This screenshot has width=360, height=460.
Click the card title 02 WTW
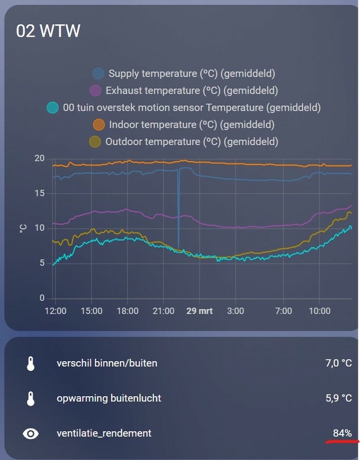click(x=48, y=31)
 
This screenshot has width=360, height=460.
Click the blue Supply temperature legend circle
click(x=99, y=73)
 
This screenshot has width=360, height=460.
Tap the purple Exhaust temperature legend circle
click(x=96, y=90)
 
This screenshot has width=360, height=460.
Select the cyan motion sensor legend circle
click(x=53, y=108)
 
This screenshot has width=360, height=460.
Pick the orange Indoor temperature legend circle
click(x=99, y=124)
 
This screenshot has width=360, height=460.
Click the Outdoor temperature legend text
click(x=192, y=141)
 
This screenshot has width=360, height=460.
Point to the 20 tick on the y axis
click(x=40, y=159)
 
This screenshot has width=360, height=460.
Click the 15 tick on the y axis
click(x=40, y=193)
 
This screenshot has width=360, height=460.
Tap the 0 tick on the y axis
click(x=42, y=298)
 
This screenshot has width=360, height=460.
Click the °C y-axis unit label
click(x=23, y=228)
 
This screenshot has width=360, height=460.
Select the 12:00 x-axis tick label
click(x=55, y=311)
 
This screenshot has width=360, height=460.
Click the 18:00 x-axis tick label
click(x=127, y=311)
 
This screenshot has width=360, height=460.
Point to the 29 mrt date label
click(x=200, y=311)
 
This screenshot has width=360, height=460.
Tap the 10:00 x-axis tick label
click(x=320, y=311)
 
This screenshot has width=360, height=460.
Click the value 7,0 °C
click(x=338, y=363)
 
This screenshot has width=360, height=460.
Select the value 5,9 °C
click(x=338, y=398)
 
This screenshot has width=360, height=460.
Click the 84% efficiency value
click(x=342, y=433)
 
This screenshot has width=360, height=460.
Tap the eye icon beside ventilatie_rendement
click(x=31, y=433)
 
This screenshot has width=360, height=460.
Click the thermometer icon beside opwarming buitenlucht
click(x=31, y=398)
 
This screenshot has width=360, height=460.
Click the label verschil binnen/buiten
click(x=107, y=363)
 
